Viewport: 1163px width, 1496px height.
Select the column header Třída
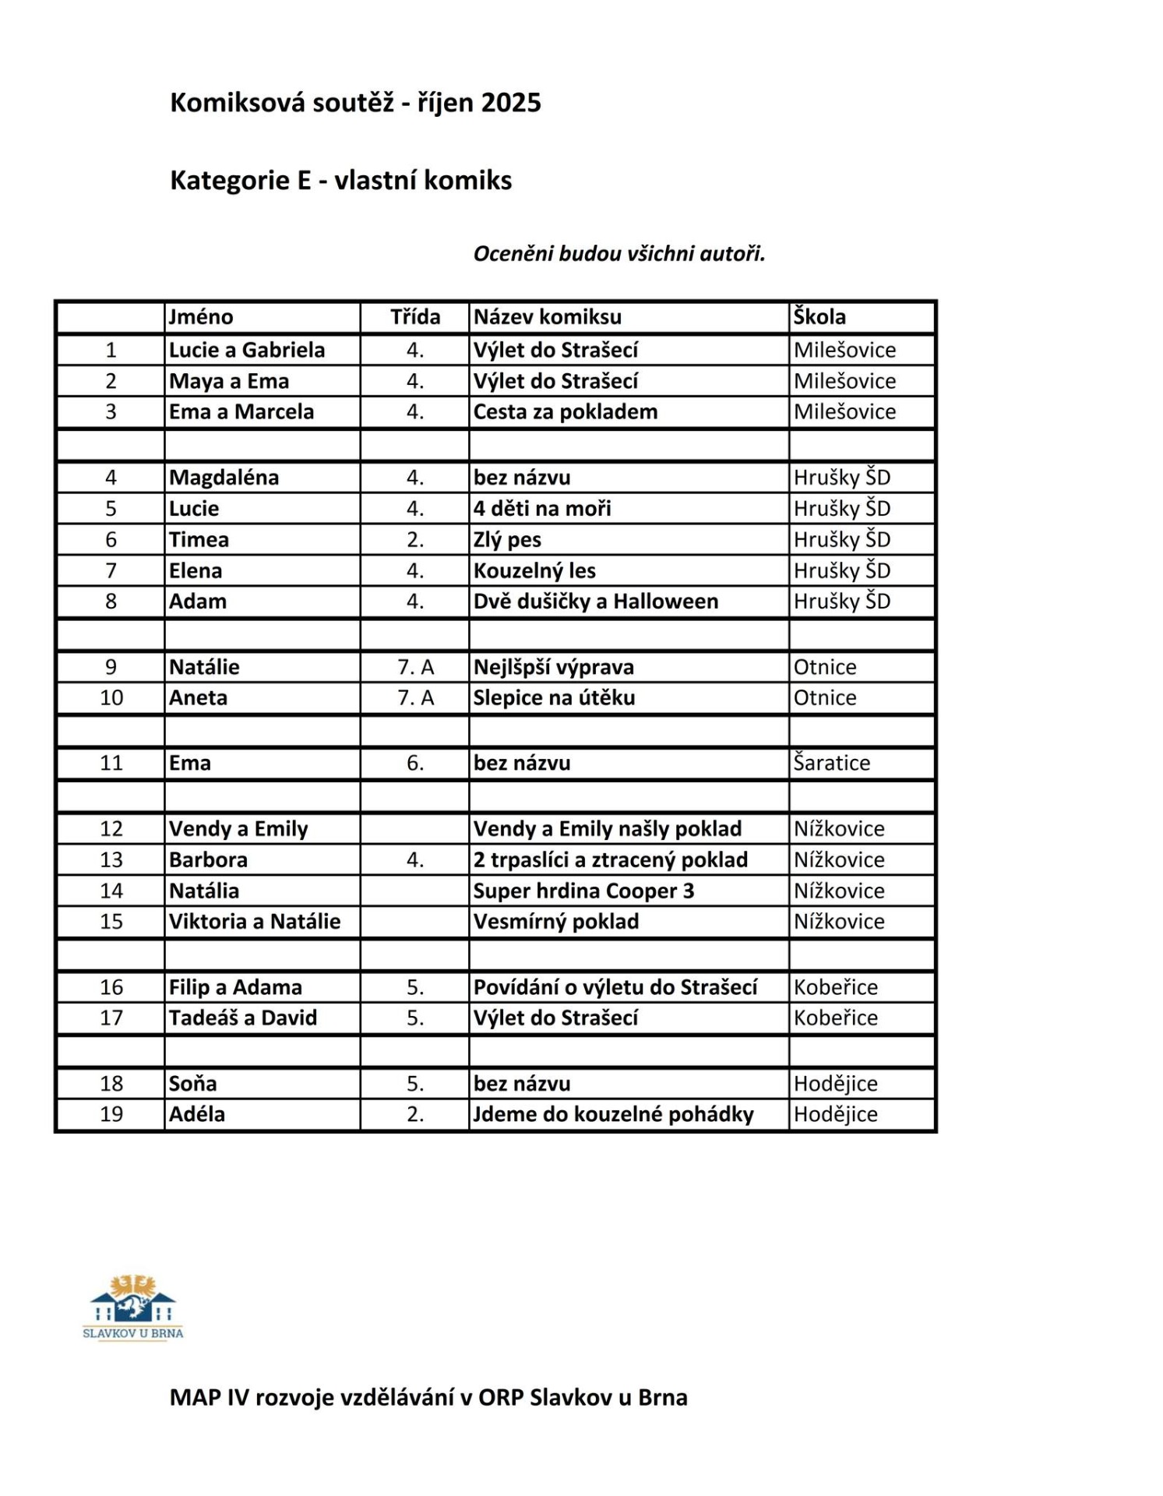point(415,317)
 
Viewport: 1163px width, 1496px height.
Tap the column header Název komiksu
point(548,317)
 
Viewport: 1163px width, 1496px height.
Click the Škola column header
point(819,317)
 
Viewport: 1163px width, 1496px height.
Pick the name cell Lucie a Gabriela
point(247,350)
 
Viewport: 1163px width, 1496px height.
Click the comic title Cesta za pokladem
point(566,411)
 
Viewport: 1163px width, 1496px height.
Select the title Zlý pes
point(507,539)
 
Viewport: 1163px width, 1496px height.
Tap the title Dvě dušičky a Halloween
point(596,602)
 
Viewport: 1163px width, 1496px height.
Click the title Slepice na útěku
point(555,697)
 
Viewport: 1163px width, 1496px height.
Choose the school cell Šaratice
point(832,763)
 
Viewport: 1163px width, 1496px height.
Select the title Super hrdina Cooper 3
point(583,891)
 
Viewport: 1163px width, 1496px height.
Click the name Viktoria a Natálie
point(255,922)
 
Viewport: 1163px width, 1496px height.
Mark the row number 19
point(111,1114)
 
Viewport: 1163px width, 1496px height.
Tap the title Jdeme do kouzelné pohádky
point(614,1114)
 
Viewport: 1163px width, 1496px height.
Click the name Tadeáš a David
point(243,1018)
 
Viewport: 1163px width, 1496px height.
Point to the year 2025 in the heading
point(511,103)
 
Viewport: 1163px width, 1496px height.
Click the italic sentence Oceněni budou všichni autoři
point(619,254)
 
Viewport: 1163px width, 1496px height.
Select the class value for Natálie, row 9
point(415,667)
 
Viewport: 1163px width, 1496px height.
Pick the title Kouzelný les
point(534,570)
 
